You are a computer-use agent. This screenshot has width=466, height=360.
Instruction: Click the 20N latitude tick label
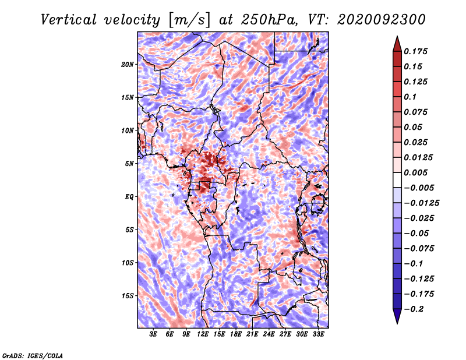pyautogui.click(x=128, y=64)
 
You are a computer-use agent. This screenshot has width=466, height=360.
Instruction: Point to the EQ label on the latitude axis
pyautogui.click(x=129, y=197)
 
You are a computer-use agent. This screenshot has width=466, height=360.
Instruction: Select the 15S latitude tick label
pyautogui.click(x=128, y=296)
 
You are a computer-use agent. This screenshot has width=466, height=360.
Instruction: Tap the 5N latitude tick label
pyautogui.click(x=129, y=164)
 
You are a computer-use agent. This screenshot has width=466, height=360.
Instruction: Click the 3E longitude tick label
pyautogui.click(x=154, y=334)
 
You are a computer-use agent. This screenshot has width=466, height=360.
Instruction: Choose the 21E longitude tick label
pyautogui.click(x=252, y=334)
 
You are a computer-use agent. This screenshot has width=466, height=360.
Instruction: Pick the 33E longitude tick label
pyautogui.click(x=318, y=334)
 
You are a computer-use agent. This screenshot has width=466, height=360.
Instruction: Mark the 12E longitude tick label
pyautogui.click(x=203, y=334)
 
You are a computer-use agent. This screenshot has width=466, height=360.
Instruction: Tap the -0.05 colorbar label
pyautogui.click(x=419, y=234)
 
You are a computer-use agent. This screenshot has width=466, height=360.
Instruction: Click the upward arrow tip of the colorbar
pyautogui.click(x=397, y=38)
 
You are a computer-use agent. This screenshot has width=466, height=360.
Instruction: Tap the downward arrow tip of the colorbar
pyautogui.click(x=397, y=322)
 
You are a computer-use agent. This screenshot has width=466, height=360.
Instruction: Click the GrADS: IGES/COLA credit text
pyautogui.click(x=33, y=355)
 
